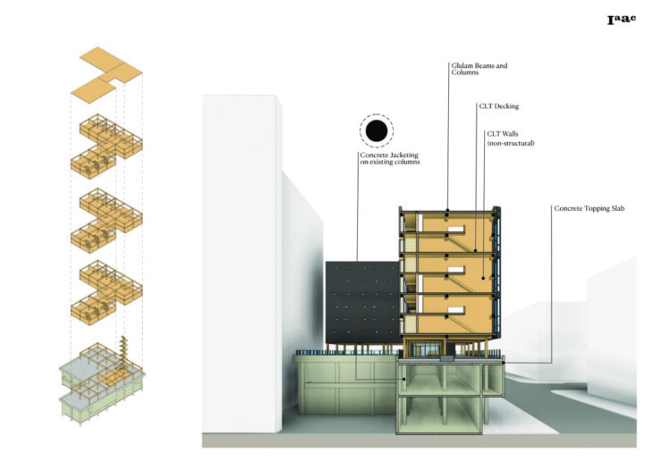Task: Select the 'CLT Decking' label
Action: (499, 106)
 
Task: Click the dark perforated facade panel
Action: (361, 303)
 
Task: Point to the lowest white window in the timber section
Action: (454, 311)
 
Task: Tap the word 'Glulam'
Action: (463, 65)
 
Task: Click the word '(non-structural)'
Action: (510, 143)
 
